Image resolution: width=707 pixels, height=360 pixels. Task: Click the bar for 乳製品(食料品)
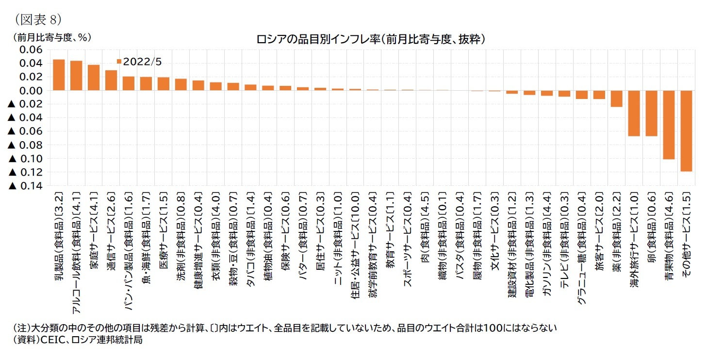[59, 75]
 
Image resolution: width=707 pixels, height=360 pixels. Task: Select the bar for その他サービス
[686, 131]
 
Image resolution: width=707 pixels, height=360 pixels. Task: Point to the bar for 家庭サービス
[94, 78]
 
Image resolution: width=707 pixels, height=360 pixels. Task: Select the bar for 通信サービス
[111, 81]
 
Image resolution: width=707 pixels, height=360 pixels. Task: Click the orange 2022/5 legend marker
[119, 61]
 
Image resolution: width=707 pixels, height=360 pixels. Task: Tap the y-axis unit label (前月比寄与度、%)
[48, 37]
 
